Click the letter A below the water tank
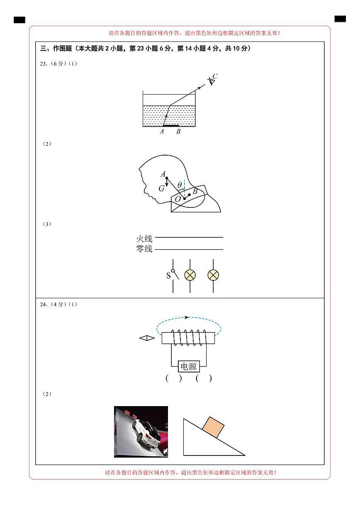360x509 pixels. tap(162, 132)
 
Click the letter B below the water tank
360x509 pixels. tap(178, 132)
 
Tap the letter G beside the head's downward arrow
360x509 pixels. tap(161, 188)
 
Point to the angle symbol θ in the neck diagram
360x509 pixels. tap(179, 185)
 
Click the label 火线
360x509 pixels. tap(144, 239)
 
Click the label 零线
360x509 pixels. tap(144, 249)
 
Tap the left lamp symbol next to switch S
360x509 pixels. tap(190, 275)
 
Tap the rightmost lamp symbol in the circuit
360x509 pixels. tap(213, 275)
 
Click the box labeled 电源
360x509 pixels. tap(189, 367)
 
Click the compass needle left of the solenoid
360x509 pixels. tap(147, 338)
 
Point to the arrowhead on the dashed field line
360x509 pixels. tap(187, 317)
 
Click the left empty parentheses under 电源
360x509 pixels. tap(173, 378)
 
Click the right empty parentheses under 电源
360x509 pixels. tap(204, 378)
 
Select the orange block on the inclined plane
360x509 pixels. tap(213, 427)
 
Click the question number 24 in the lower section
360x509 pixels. tap(43, 304)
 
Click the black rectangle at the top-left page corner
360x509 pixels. tap(19, 20)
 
